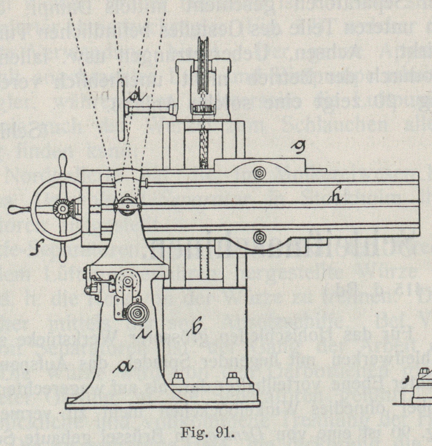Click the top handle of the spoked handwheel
tap(63, 160)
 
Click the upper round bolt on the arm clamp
tap(259, 173)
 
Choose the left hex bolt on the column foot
tap(178, 378)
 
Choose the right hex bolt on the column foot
tap(232, 378)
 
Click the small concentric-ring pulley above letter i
tap(137, 314)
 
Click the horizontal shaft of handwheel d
tap(150, 109)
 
